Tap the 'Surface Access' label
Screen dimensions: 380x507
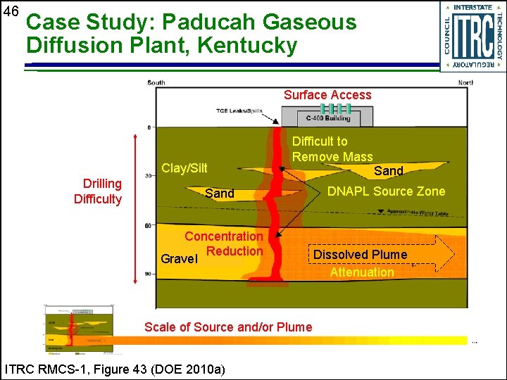point(327,95)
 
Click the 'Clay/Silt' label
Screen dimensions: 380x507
point(184,168)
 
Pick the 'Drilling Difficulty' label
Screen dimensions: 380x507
point(98,191)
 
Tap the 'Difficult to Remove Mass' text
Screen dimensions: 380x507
point(332,149)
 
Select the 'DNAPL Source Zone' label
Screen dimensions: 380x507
point(386,191)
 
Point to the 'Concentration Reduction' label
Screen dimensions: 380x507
point(224,243)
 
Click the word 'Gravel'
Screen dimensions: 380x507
point(179,259)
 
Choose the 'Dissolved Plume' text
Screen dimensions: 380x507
point(360,255)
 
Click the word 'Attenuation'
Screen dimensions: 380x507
point(362,272)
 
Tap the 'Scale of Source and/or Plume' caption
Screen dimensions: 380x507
point(228,327)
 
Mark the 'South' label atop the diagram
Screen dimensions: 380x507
point(156,83)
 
